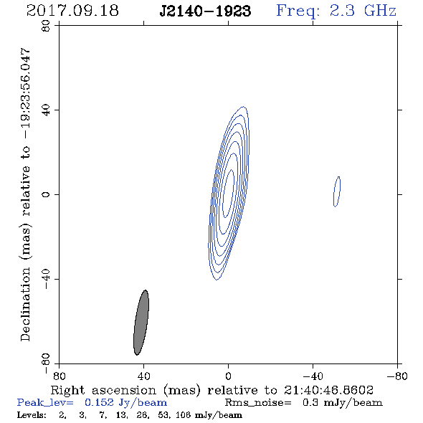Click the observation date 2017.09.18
click(x=72, y=11)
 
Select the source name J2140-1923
click(x=205, y=11)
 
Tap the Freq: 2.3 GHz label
click(x=336, y=11)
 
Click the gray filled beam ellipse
click(x=141, y=323)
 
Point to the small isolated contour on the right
click(x=337, y=191)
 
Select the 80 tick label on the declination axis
click(x=46, y=26)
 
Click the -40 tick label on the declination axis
click(x=46, y=279)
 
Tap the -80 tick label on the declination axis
click(x=46, y=363)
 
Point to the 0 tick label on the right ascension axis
click(x=228, y=376)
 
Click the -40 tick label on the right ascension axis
click(x=313, y=376)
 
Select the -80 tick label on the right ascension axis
click(x=397, y=376)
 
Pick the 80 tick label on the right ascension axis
click(x=59, y=376)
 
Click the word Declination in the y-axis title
click(x=25, y=304)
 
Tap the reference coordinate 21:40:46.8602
click(x=328, y=390)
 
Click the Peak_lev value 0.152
click(x=99, y=402)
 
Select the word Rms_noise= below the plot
click(x=258, y=403)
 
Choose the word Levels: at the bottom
click(x=32, y=415)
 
